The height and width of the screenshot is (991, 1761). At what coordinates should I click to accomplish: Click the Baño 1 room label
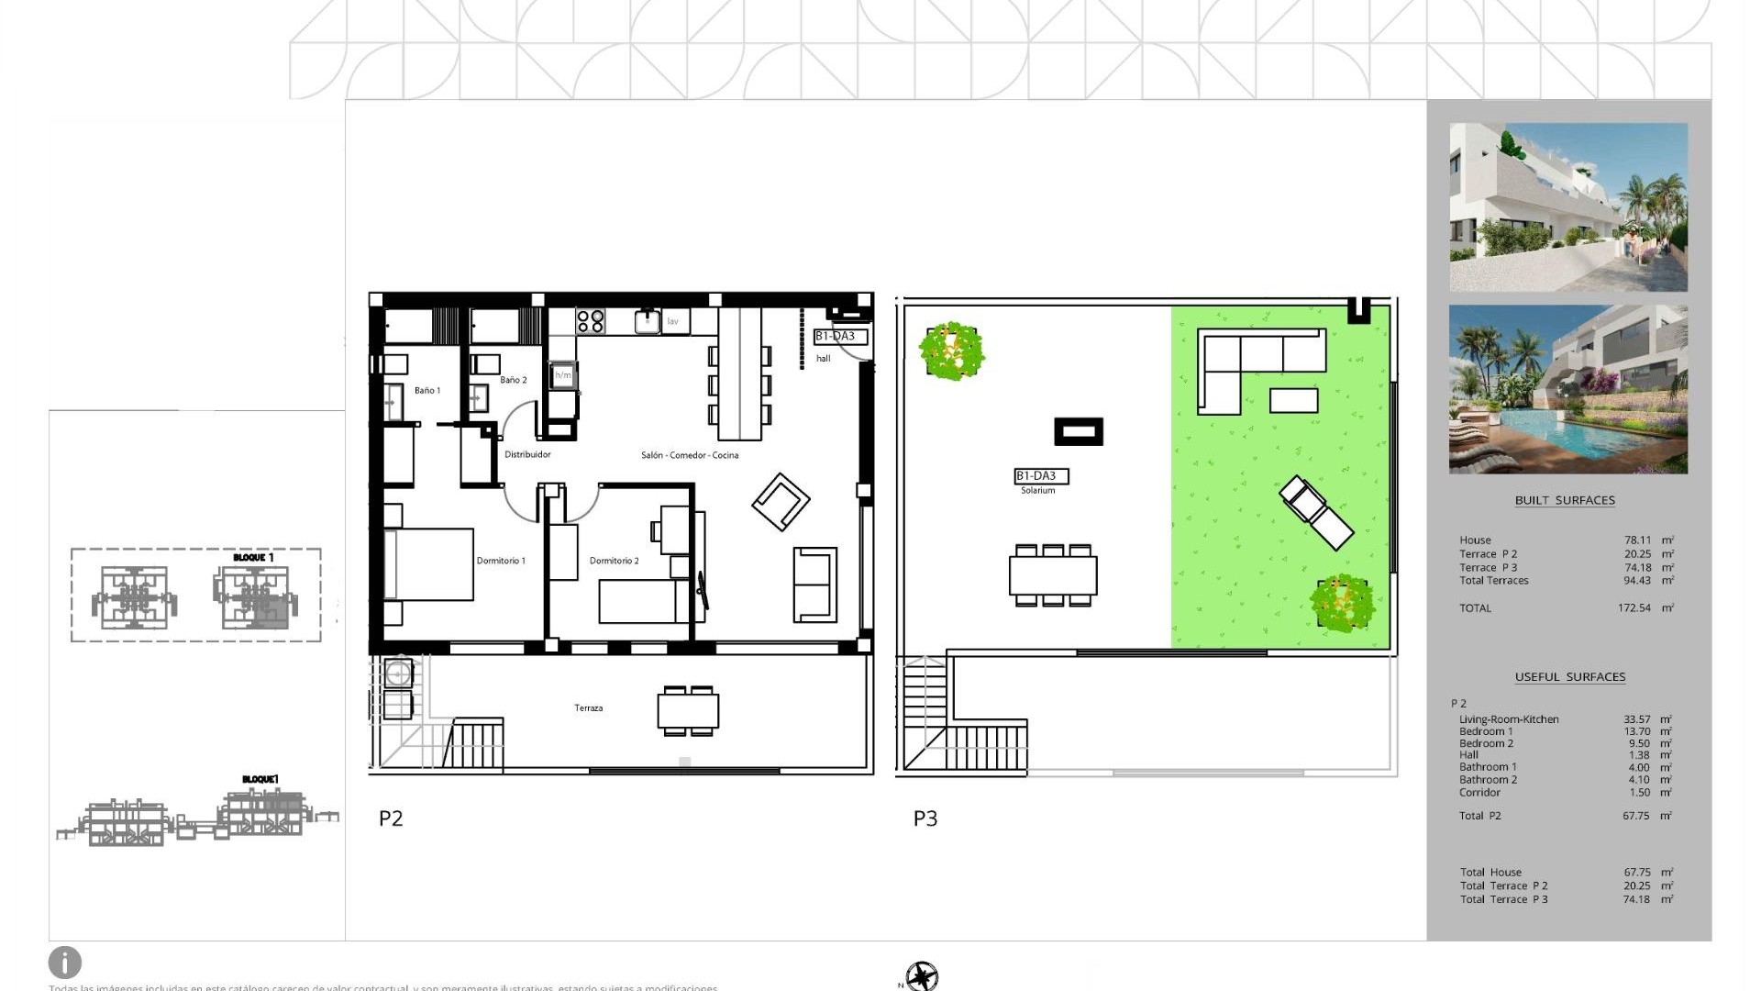click(x=426, y=391)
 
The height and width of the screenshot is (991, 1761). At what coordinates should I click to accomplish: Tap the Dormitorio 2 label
click(x=614, y=561)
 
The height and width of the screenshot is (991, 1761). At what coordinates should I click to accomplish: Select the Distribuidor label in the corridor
click(x=527, y=455)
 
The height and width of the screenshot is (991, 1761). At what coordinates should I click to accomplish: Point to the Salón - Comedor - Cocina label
click(x=689, y=455)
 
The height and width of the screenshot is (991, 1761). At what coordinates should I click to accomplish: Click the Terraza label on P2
click(x=588, y=708)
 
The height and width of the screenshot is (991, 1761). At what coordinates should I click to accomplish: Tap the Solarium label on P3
click(x=1037, y=491)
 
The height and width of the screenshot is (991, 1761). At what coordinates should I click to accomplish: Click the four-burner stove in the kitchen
click(x=591, y=321)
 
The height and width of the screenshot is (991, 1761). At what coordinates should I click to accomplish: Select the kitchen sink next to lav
click(x=648, y=321)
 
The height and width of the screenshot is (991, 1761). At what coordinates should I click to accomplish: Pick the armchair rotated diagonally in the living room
click(x=781, y=501)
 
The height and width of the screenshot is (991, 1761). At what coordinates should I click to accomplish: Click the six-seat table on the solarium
click(x=1053, y=575)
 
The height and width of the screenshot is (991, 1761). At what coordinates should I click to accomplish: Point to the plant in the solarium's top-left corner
click(x=952, y=350)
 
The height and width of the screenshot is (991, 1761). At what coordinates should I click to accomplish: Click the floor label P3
click(x=925, y=818)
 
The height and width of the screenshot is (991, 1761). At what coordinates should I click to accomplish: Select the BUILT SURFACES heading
click(x=1565, y=501)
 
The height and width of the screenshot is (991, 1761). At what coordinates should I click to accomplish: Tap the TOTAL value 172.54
click(x=1634, y=608)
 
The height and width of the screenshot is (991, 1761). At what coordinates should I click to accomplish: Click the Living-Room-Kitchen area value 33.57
click(x=1636, y=719)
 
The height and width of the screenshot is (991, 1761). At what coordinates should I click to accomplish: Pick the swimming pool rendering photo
click(x=1567, y=389)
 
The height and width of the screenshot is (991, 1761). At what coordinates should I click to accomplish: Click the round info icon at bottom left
click(x=65, y=963)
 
